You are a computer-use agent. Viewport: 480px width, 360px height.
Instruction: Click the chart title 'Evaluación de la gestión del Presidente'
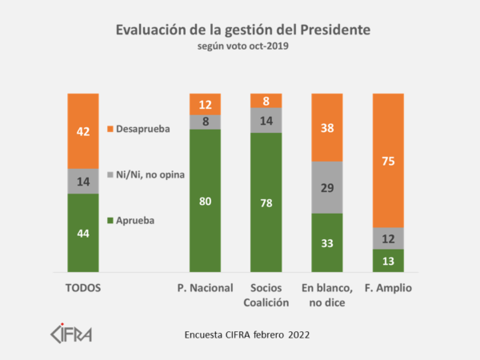[243, 30]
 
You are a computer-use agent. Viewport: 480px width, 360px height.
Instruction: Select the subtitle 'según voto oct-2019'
[243, 46]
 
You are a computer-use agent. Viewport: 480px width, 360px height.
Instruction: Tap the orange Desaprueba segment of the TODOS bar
[82, 131]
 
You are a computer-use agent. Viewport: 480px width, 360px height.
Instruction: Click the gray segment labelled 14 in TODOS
[82, 182]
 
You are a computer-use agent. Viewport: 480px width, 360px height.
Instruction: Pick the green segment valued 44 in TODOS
[82, 233]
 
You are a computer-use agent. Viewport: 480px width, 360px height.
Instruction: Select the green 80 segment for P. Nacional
[205, 201]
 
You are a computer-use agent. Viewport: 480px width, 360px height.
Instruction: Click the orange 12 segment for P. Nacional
[205, 104]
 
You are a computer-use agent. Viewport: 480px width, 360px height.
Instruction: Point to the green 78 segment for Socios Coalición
[266, 202]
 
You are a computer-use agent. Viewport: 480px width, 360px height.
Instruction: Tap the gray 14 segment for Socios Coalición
[266, 120]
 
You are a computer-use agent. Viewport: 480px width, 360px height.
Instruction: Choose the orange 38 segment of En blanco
[326, 127]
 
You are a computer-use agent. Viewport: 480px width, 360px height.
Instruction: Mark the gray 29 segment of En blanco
[326, 187]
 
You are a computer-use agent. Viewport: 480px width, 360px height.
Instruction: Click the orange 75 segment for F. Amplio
[388, 160]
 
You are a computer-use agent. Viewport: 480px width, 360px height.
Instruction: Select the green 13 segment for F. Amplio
[388, 261]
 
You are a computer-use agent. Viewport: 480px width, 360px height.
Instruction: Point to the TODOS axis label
[82, 288]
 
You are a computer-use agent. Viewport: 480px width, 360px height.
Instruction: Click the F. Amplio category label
[388, 288]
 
